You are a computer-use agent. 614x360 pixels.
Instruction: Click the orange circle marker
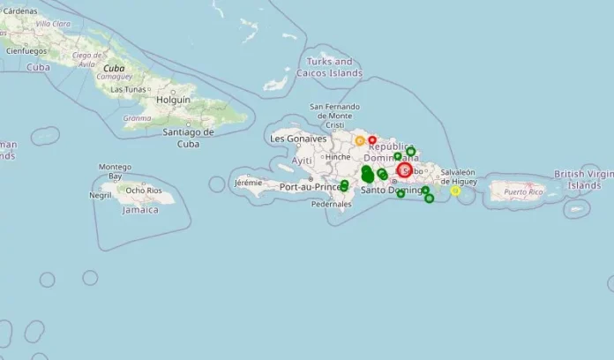click(x=360, y=140)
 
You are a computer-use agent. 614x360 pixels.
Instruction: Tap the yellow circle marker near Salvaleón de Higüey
click(x=455, y=191)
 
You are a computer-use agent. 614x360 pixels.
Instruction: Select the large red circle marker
click(x=405, y=170)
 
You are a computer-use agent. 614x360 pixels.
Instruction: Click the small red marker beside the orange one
click(x=372, y=139)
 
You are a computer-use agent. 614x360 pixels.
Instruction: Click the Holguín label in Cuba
click(x=173, y=101)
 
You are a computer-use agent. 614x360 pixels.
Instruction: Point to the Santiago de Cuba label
click(x=189, y=138)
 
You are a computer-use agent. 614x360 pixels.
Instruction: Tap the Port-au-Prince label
click(x=310, y=187)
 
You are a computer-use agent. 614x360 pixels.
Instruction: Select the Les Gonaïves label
click(x=298, y=139)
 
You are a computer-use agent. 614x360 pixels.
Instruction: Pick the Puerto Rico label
click(x=528, y=191)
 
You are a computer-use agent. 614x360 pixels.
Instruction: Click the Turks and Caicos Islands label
click(x=331, y=67)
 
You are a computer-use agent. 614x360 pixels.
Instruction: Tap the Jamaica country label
click(x=139, y=210)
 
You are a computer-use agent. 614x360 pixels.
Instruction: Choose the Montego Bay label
click(x=115, y=171)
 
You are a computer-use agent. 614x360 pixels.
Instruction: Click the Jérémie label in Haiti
click(x=249, y=183)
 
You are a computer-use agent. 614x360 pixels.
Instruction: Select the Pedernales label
click(x=331, y=204)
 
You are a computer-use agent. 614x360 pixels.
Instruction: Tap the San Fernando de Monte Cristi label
click(x=333, y=116)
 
